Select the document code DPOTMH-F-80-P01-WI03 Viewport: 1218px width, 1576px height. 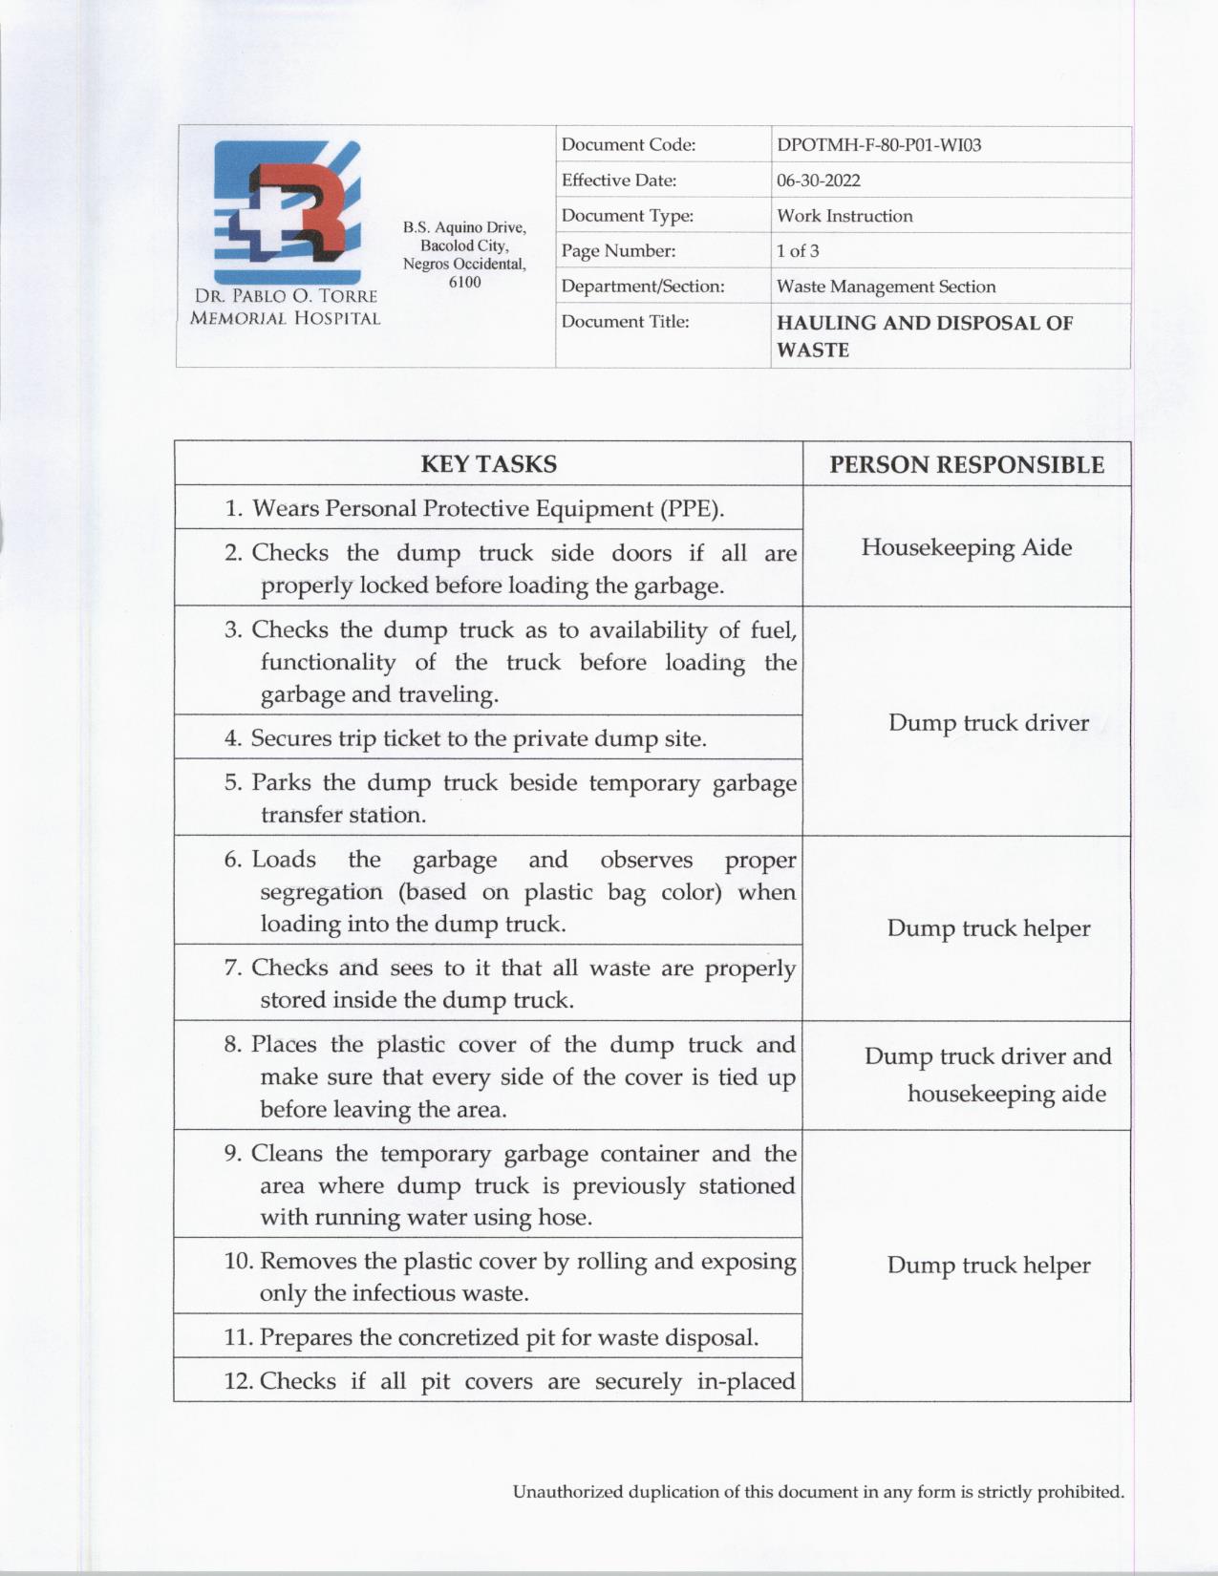point(879,145)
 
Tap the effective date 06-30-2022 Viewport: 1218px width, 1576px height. point(818,181)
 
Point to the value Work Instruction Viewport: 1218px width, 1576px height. point(844,216)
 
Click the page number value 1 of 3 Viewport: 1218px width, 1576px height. point(798,251)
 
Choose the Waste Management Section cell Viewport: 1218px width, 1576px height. point(886,287)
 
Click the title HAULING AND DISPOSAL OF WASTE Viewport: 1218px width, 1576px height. point(924,335)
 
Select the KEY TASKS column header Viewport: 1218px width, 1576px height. point(488,464)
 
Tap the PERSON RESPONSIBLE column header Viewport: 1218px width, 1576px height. point(967,465)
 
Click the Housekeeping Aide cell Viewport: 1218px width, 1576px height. point(967,547)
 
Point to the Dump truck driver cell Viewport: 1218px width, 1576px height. point(989,722)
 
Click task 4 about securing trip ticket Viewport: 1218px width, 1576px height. point(479,738)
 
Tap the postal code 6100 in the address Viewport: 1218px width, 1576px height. point(464,282)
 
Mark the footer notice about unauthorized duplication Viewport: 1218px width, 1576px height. point(818,1491)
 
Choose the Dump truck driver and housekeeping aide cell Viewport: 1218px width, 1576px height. point(989,1075)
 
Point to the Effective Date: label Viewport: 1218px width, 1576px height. point(618,181)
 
